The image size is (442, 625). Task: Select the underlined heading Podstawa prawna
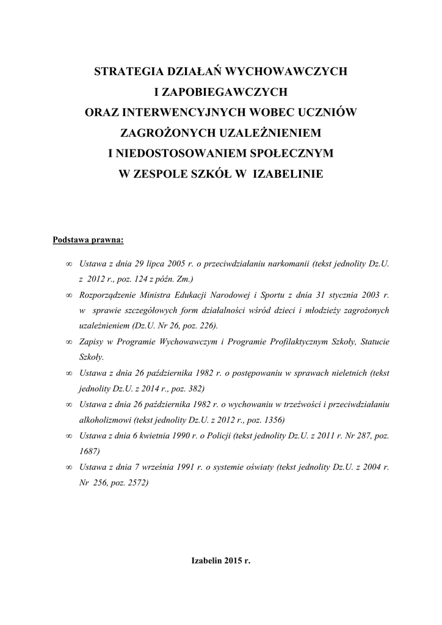tap(88, 240)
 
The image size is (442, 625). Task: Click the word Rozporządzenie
tap(109, 295)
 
